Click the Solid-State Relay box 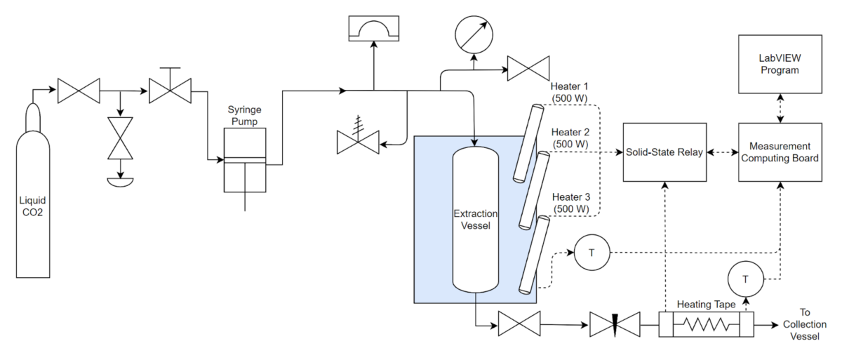(664, 152)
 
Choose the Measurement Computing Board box (780, 152)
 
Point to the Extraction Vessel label (475, 219)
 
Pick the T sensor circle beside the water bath (592, 253)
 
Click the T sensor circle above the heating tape (745, 279)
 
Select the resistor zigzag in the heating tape (705, 326)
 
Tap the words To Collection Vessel (805, 324)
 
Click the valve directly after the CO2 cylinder (78, 90)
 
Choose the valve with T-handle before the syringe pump (171, 90)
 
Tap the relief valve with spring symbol (358, 142)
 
